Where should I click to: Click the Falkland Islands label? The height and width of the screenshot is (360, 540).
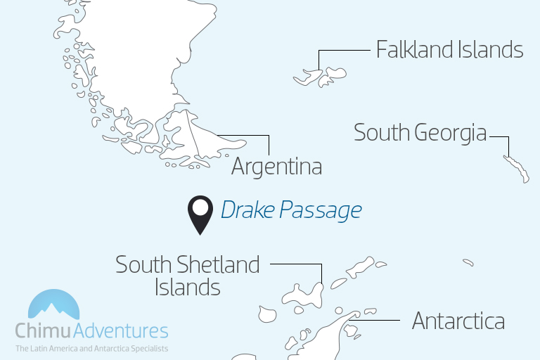[x=449, y=50]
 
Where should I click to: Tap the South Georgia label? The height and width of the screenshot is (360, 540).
[x=420, y=132]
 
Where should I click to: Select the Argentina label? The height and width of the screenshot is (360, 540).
[x=276, y=167]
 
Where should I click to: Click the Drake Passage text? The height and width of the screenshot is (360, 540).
[x=291, y=210]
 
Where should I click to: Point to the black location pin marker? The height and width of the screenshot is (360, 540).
[x=201, y=213]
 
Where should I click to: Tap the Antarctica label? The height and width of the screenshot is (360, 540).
[x=458, y=321]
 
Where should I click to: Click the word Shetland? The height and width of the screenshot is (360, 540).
[x=218, y=265]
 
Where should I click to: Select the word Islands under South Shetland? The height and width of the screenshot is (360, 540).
[x=187, y=287]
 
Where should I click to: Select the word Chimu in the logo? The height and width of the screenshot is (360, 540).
[x=44, y=331]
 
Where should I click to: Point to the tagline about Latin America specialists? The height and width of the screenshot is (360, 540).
[x=91, y=348]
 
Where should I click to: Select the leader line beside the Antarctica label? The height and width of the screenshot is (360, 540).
[x=380, y=321]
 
